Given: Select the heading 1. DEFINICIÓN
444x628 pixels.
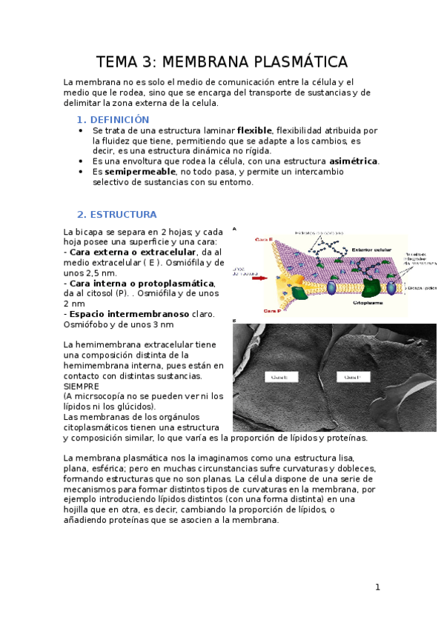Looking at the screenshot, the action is click(113, 119).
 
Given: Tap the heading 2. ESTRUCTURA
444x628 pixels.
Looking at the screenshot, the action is click(116, 215).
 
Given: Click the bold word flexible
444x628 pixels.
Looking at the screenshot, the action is click(255, 130).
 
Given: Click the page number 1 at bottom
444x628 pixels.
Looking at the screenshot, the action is click(377, 587).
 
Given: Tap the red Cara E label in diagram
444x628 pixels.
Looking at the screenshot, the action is click(265, 239).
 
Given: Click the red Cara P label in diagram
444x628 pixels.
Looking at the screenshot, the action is click(264, 312).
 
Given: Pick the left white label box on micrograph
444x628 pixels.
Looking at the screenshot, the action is click(280, 377).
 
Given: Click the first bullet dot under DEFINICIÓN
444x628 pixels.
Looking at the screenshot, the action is click(80, 130).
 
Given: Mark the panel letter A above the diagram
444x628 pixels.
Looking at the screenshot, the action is click(235, 229).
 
